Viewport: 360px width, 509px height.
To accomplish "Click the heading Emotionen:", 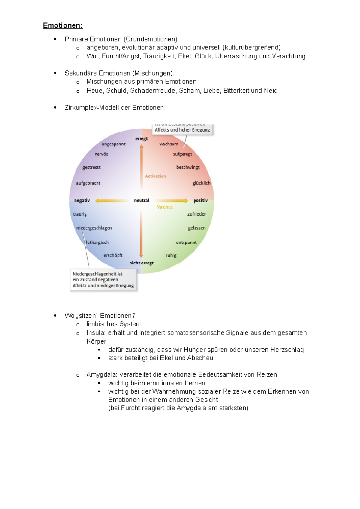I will (x=63, y=25).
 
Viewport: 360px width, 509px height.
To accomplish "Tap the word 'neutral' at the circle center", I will (x=142, y=201).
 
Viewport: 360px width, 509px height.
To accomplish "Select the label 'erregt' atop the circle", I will (x=142, y=138).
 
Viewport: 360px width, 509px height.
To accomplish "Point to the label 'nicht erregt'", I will (x=142, y=263).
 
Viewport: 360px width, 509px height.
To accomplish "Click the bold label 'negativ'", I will (x=82, y=201).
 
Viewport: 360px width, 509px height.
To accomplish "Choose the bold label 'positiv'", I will (x=200, y=201).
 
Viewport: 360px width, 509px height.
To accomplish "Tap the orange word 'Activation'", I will (x=155, y=176).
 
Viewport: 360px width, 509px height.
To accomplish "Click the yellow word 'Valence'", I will (x=165, y=207).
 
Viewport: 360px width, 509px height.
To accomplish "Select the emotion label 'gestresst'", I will (x=91, y=167).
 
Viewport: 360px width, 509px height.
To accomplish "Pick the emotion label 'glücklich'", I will (x=201, y=183).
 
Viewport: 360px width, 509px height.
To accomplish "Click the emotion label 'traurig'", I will (x=80, y=214).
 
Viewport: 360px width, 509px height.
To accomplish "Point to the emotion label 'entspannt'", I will (x=186, y=242).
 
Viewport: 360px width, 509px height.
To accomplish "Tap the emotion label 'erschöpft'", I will (x=113, y=255).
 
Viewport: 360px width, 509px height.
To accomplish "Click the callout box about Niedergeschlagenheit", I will (x=103, y=280).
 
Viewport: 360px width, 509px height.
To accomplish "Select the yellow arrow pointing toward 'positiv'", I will (x=172, y=201).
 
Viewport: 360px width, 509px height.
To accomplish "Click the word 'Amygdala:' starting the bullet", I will (x=102, y=374).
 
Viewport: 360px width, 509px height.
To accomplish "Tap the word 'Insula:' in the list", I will (x=96, y=333).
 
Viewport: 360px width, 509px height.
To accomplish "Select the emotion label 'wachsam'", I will (x=169, y=144).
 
